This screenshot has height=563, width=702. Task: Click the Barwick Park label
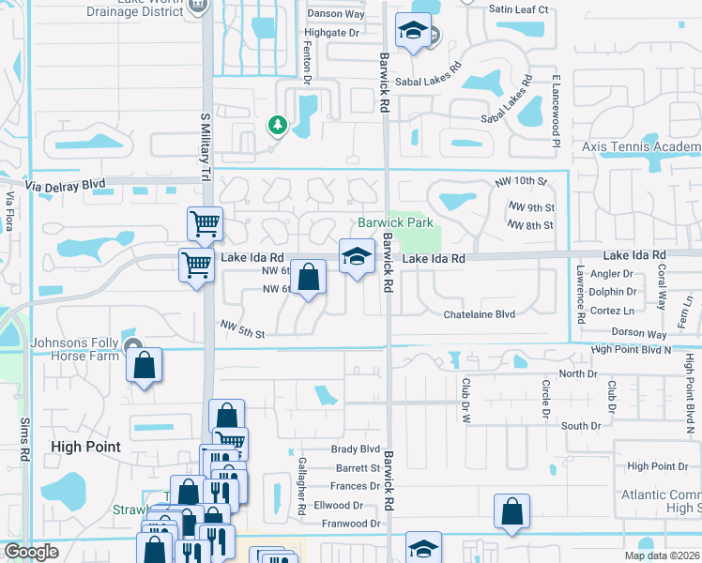click(395, 223)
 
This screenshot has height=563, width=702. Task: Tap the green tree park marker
click(277, 125)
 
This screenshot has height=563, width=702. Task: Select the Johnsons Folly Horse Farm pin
click(133, 347)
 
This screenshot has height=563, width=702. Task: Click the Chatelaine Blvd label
click(480, 314)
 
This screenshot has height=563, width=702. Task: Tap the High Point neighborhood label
click(85, 447)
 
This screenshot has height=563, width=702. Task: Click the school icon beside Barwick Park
click(356, 256)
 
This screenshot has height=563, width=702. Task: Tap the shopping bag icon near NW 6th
click(309, 277)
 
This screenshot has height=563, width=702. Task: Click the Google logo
click(31, 552)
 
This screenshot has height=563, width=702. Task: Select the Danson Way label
click(335, 14)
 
